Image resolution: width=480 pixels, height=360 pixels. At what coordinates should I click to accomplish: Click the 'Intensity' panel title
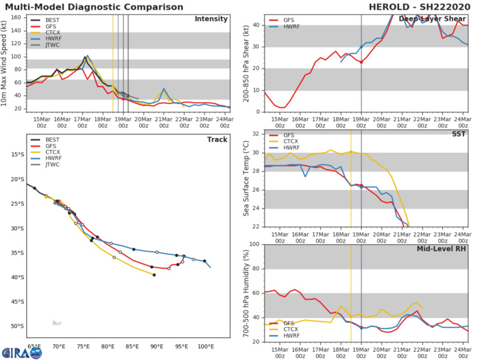pos(211,19)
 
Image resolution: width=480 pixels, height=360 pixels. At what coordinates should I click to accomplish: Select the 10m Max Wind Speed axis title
pos(5,63)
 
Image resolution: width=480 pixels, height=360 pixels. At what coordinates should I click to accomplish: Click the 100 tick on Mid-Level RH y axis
pos(254,244)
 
